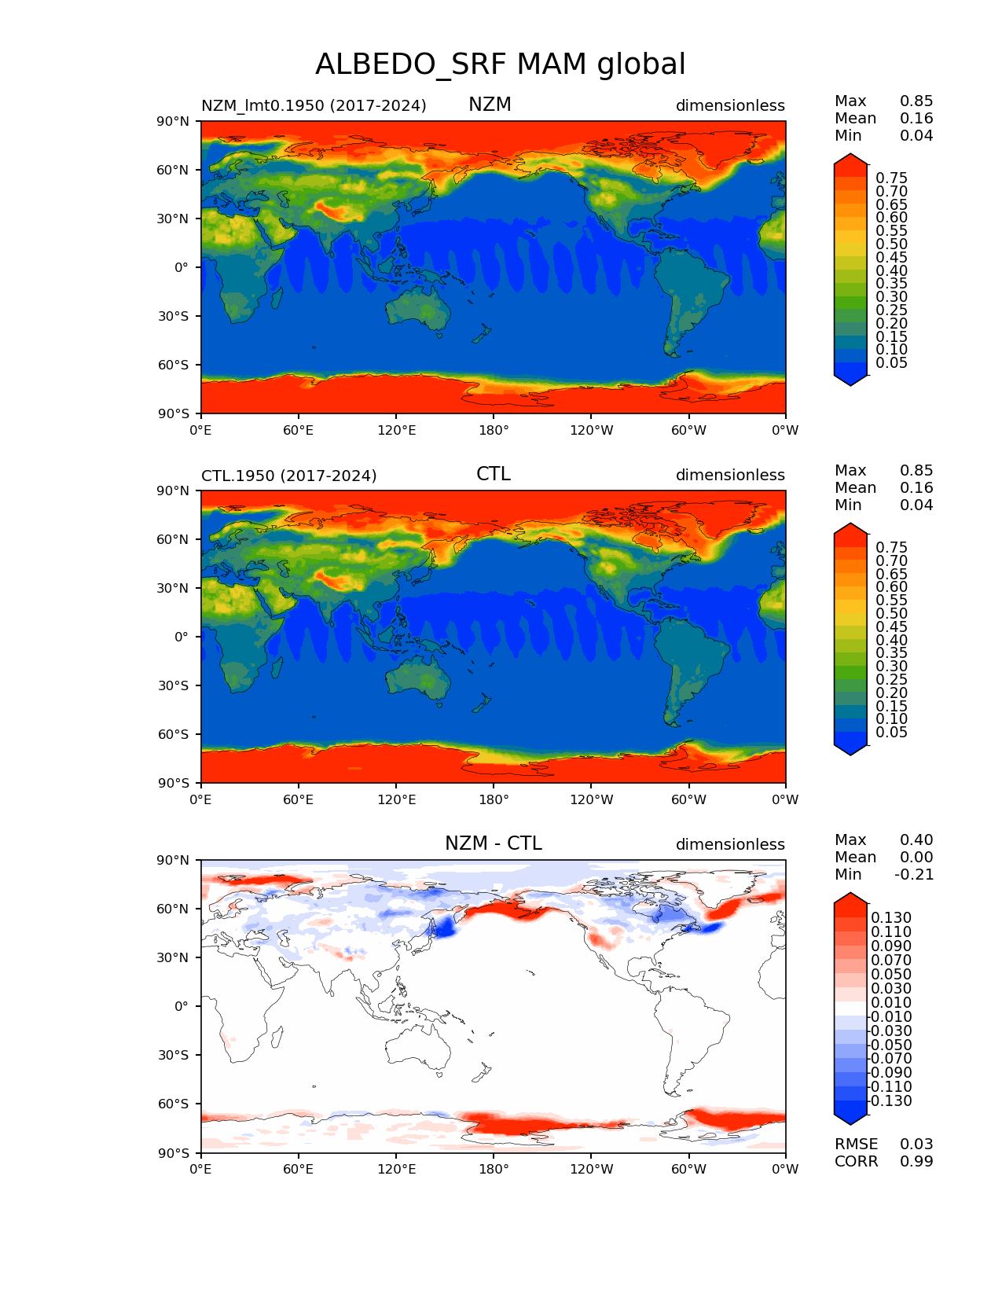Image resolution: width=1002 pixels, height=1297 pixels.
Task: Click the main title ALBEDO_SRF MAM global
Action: click(x=500, y=64)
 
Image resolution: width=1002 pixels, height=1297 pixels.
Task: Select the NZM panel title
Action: click(x=490, y=105)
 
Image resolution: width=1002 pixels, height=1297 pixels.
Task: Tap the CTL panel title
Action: click(x=493, y=474)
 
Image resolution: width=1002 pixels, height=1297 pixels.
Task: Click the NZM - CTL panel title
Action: click(x=493, y=843)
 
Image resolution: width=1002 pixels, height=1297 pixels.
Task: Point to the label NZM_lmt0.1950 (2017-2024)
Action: click(x=314, y=105)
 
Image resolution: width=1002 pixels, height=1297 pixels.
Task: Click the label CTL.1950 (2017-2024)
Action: click(x=288, y=476)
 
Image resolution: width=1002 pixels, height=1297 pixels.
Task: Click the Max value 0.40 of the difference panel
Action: click(x=916, y=840)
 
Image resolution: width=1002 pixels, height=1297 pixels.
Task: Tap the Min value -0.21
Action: click(x=914, y=874)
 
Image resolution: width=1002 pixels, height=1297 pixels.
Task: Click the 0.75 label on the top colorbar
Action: click(x=891, y=178)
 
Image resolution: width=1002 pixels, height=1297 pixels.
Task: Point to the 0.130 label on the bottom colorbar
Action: click(x=891, y=917)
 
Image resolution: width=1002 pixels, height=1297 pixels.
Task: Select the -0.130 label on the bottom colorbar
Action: click(x=890, y=1100)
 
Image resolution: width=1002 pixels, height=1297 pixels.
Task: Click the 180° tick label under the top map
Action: click(x=494, y=430)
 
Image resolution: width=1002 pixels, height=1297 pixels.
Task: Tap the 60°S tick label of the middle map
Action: click(x=173, y=734)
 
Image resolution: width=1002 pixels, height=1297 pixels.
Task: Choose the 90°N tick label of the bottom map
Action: click(x=173, y=860)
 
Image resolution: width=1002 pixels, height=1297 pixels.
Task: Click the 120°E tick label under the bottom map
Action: click(x=396, y=1169)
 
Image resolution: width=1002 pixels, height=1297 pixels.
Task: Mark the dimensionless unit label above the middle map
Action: click(x=730, y=475)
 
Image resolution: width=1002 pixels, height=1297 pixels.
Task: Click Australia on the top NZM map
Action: click(x=419, y=308)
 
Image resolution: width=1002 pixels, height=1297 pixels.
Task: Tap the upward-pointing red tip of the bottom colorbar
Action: click(x=850, y=899)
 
